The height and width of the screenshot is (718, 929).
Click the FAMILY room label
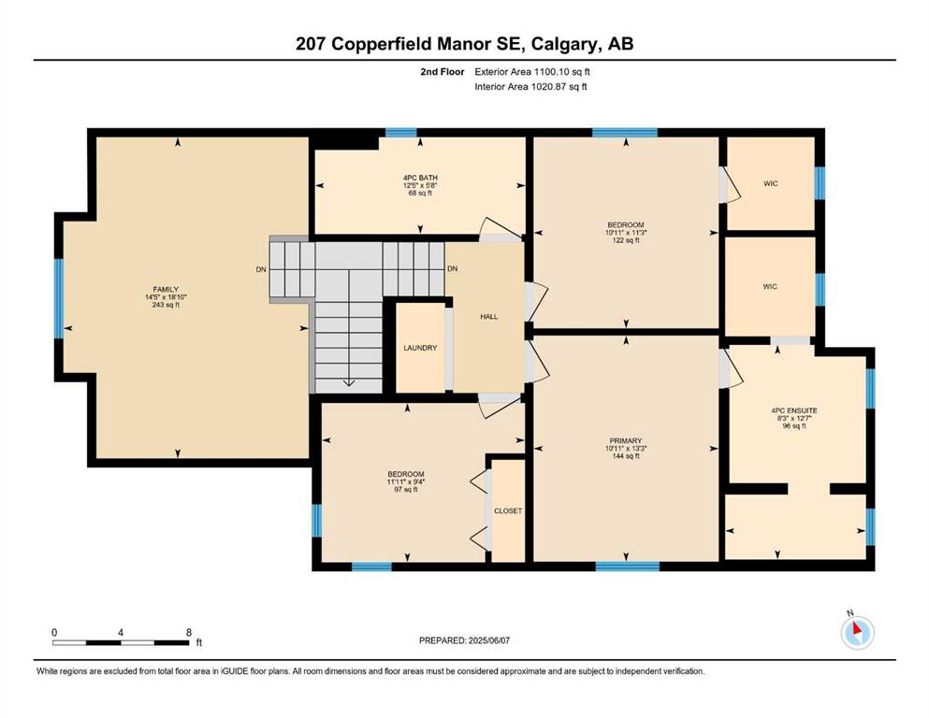tap(166, 290)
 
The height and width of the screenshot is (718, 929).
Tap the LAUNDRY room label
tap(420, 348)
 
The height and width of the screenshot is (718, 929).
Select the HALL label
tap(488, 317)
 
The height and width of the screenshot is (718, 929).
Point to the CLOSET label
tap(508, 510)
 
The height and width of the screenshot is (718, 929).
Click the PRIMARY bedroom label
tap(626, 441)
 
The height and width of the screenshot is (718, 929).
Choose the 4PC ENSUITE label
tap(794, 410)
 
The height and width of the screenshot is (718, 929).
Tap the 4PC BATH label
tap(420, 179)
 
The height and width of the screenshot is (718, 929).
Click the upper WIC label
tap(770, 183)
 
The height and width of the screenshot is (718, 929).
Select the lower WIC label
tap(770, 286)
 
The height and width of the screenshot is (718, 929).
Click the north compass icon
tap(857, 632)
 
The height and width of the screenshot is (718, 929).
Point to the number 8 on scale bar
tap(189, 632)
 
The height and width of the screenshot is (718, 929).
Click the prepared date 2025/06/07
tap(488, 640)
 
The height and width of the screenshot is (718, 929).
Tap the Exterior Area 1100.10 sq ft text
tap(532, 72)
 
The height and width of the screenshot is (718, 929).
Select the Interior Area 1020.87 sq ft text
tap(530, 87)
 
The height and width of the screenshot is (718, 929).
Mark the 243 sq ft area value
tap(166, 305)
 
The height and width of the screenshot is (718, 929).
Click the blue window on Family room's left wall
tap(59, 298)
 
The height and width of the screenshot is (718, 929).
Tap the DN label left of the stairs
tap(261, 270)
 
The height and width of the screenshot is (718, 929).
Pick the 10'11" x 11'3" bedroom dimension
tap(626, 233)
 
